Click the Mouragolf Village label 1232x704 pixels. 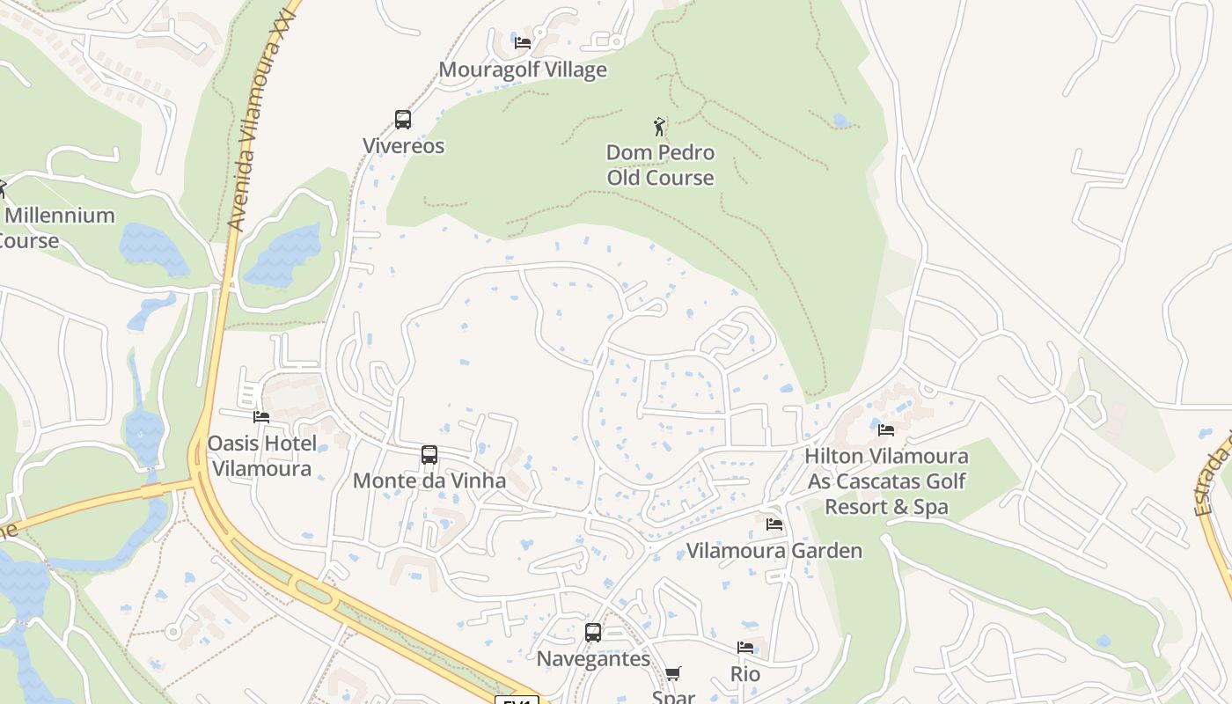[x=523, y=70]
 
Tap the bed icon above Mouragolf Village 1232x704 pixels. [x=523, y=42]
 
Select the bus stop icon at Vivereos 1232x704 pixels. [x=403, y=120]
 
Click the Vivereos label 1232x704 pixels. [x=404, y=146]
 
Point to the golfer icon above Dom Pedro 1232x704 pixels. [x=659, y=128]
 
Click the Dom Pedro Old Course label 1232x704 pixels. [x=660, y=165]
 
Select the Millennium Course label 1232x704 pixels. [x=57, y=227]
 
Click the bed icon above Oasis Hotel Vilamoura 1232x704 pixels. [x=261, y=417]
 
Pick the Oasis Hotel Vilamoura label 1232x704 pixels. [x=261, y=456]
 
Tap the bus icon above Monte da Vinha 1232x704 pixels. [x=429, y=455]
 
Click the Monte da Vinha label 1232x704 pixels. [x=429, y=480]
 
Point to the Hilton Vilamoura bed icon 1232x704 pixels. [x=886, y=430]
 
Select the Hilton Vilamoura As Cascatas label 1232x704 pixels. [x=886, y=481]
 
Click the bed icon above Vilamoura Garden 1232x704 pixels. [x=774, y=524]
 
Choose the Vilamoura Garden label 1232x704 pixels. [x=774, y=551]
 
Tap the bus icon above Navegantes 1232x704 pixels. [x=593, y=633]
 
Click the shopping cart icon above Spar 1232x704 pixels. [x=673, y=674]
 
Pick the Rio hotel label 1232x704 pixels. [x=745, y=674]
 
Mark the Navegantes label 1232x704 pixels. [x=593, y=659]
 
